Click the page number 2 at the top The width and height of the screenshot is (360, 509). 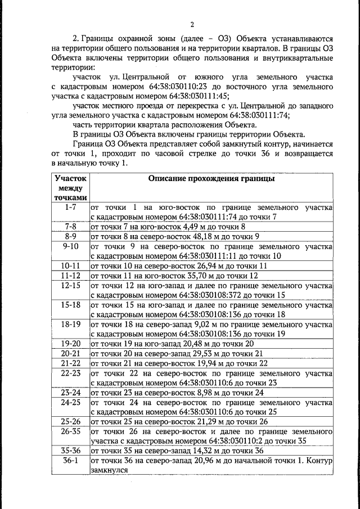(192, 24)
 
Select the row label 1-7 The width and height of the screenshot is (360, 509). (71, 207)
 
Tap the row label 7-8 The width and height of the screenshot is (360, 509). (71, 226)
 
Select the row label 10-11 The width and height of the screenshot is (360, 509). (71, 265)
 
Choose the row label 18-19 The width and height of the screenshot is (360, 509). (71, 325)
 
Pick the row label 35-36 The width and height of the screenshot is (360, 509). (71, 451)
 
